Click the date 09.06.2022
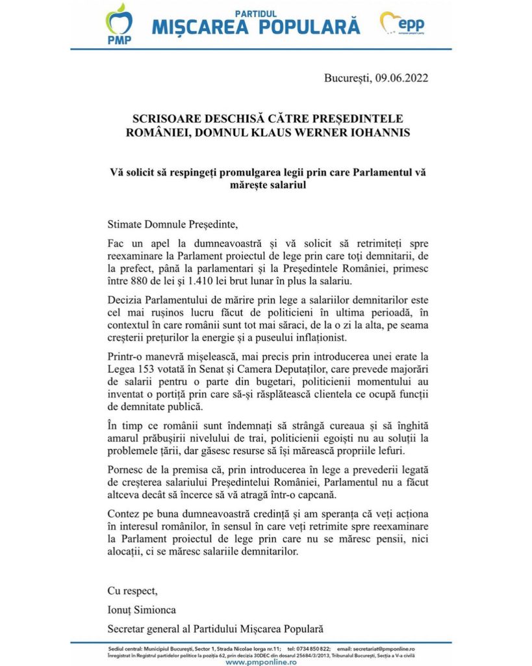401,78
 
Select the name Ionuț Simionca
142,609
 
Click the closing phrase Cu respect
133,591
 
